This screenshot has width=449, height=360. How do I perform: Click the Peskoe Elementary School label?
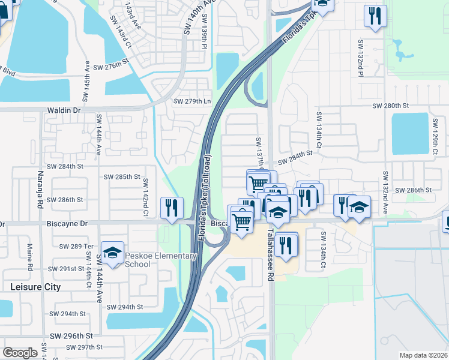pyautogui.click(x=161, y=260)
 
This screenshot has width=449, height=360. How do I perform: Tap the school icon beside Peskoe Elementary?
pyautogui.click(x=112, y=253)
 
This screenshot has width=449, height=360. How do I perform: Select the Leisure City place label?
pyautogui.click(x=36, y=287)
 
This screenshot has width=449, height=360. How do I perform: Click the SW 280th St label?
pyautogui.click(x=390, y=106)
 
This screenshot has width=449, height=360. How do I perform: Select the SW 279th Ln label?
pyautogui.click(x=192, y=101)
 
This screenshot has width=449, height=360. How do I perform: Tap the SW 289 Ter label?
pyautogui.click(x=77, y=247)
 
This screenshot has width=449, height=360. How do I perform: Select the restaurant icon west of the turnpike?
pyautogui.click(x=172, y=208)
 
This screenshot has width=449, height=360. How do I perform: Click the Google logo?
pyautogui.click(x=20, y=353)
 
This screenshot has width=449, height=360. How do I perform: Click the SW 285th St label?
pyautogui.click(x=122, y=177)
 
